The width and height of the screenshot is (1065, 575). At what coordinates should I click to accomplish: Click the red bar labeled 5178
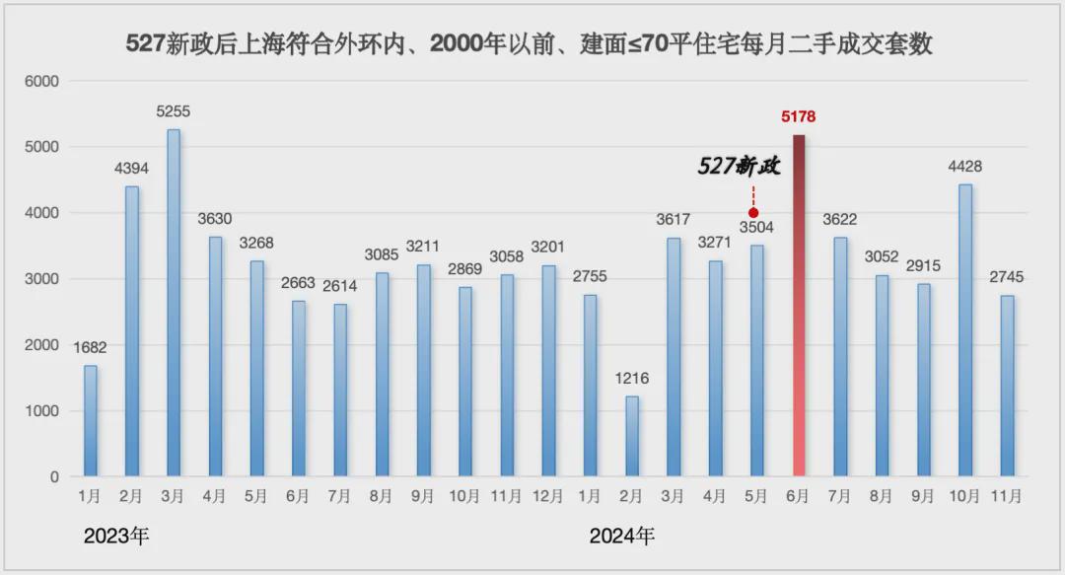coord(798,306)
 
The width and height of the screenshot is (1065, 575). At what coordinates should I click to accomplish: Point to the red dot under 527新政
coord(753,212)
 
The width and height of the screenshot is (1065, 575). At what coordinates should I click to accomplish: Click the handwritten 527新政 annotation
coord(739,167)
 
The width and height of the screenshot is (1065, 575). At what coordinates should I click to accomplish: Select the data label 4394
coord(131,169)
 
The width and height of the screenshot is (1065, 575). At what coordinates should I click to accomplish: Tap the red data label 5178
coord(798,116)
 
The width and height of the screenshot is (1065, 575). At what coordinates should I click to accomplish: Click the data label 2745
coord(1007,278)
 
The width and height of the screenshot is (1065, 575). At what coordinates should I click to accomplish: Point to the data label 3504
coord(756,228)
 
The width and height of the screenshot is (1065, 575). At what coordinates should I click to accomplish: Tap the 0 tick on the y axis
coord(55,477)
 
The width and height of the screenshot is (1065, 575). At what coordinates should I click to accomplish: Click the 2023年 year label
coord(116,537)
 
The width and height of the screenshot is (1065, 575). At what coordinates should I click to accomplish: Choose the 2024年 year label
coord(621,537)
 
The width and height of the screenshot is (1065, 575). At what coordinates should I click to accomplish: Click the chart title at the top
coord(530,44)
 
